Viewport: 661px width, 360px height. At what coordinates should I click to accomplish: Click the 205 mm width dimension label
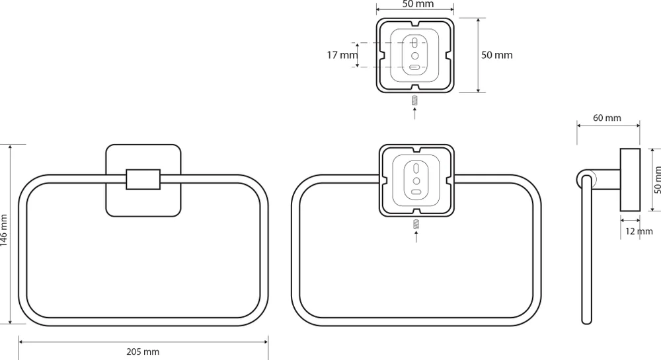(143, 352)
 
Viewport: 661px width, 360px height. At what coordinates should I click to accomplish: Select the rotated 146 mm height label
(5, 231)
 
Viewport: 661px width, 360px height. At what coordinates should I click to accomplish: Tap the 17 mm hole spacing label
(342, 55)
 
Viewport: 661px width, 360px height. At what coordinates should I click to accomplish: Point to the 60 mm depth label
(607, 118)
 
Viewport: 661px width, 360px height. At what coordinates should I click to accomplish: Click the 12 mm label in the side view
(639, 231)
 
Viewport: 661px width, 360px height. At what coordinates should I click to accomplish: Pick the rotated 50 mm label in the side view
(656, 179)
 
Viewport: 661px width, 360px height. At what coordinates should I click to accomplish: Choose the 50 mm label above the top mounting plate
(418, 5)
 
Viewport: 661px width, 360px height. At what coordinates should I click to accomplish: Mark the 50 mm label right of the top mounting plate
(496, 55)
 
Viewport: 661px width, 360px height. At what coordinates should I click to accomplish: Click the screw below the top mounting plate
(414, 101)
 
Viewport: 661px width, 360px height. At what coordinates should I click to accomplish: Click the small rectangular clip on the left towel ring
(143, 179)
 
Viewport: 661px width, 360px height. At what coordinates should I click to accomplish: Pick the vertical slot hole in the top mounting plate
(414, 44)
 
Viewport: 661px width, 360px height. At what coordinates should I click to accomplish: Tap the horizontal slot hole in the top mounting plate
(414, 67)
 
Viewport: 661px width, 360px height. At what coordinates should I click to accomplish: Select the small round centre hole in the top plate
(414, 56)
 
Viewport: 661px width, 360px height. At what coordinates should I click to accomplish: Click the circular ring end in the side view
(586, 179)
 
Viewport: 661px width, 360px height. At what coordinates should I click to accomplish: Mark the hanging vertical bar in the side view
(586, 258)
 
